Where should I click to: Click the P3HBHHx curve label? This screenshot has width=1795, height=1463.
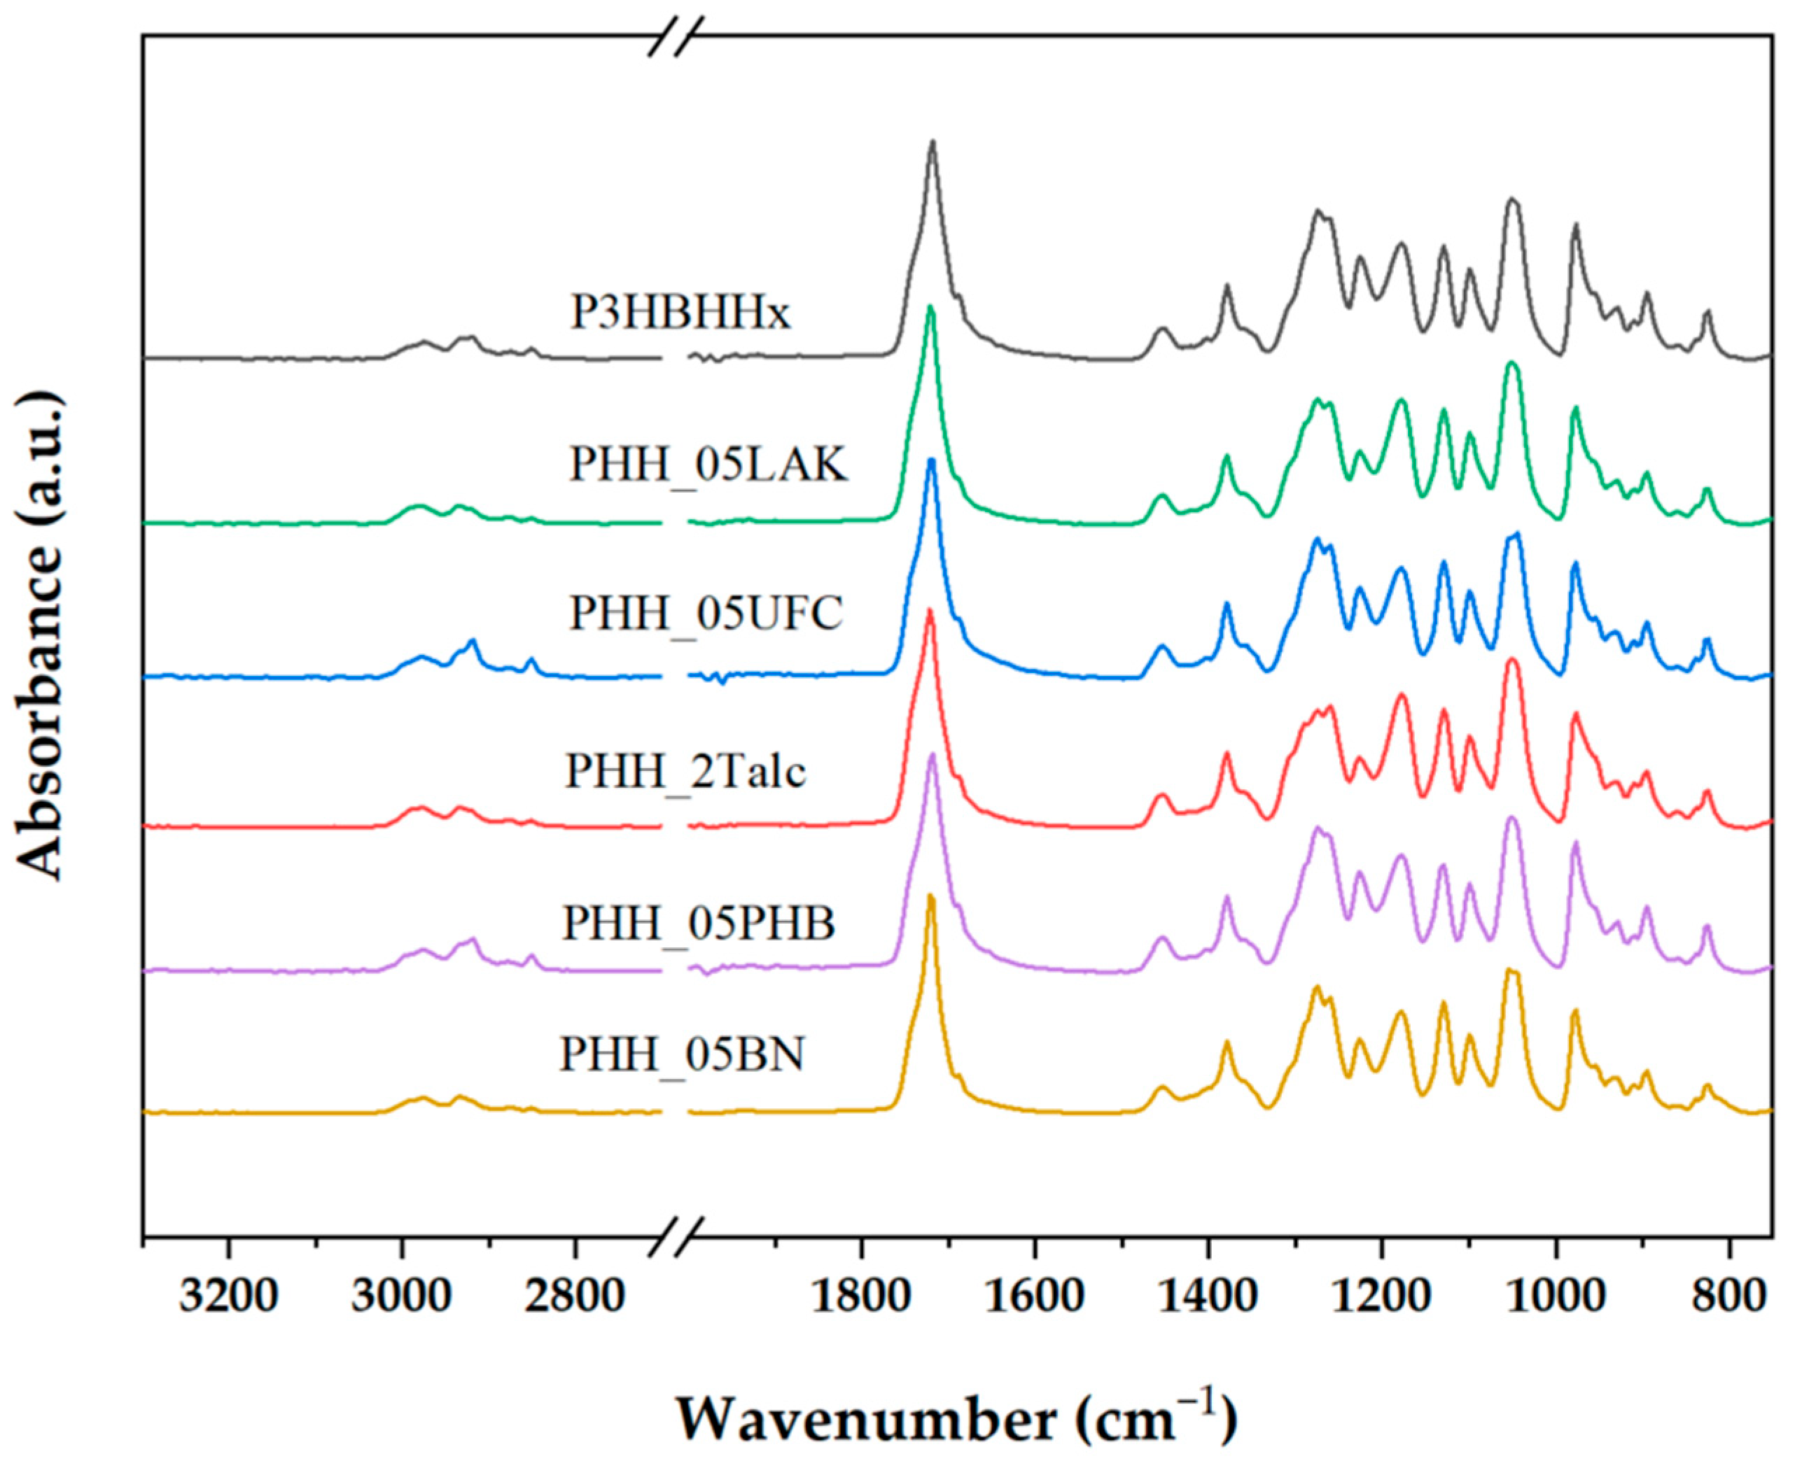coord(680,314)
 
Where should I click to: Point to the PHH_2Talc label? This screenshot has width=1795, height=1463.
coord(685,770)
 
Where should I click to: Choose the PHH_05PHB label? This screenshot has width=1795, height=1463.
coord(699,924)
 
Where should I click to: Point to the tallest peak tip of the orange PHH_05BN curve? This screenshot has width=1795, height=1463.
coord(931,896)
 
